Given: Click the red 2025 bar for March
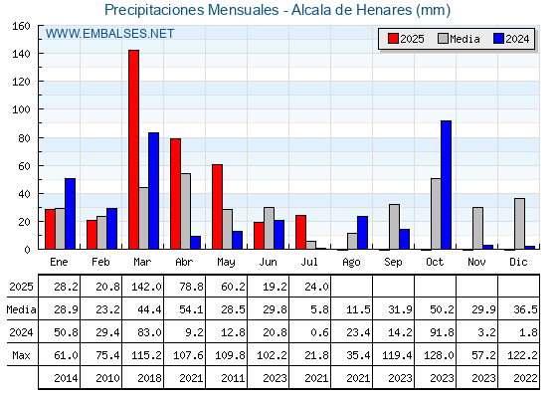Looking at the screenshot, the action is click(134, 149).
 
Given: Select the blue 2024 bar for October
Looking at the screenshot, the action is click(447, 185).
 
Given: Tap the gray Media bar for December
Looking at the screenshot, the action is click(519, 224).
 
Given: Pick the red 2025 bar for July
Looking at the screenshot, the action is click(300, 232).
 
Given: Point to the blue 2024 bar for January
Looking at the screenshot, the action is click(70, 214).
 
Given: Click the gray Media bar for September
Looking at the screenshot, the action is click(394, 227).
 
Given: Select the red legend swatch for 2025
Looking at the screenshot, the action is click(393, 39).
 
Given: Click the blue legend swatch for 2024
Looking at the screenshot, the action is click(498, 39).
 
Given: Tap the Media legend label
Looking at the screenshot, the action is click(464, 39).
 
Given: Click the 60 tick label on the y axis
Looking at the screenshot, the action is click(24, 166).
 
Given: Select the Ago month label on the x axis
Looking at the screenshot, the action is click(351, 263).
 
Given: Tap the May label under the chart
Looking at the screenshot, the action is click(226, 263).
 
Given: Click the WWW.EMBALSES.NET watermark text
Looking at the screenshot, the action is click(109, 34).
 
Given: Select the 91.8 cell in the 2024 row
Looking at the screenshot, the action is click(442, 332).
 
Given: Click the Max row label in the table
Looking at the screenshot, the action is click(21, 355).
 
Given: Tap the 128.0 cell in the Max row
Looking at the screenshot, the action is click(439, 355).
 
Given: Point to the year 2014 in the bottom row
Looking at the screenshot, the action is click(66, 378).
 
